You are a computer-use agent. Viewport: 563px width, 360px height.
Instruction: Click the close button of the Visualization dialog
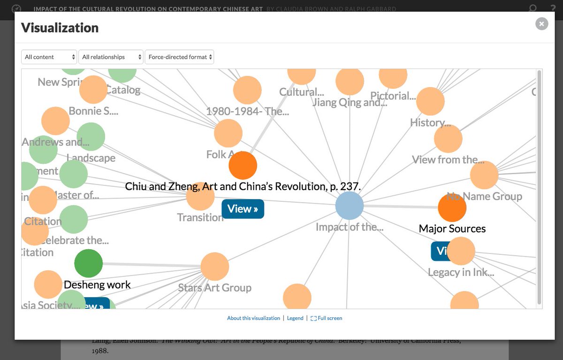(541, 23)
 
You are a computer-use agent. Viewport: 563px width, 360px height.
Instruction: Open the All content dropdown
(49, 57)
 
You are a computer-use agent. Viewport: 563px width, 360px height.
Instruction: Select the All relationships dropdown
(111, 57)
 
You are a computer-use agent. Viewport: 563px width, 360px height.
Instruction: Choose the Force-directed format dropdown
(179, 57)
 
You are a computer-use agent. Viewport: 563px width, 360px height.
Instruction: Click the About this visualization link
(253, 318)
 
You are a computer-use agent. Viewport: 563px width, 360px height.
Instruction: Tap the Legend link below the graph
(295, 318)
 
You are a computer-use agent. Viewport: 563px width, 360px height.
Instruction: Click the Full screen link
(327, 318)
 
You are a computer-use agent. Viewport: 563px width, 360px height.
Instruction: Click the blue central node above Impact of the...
(350, 206)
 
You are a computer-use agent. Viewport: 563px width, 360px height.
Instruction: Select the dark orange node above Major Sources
(452, 207)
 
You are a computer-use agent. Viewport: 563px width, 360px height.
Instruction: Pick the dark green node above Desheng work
(88, 263)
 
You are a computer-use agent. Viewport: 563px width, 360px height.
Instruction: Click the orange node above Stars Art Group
(214, 267)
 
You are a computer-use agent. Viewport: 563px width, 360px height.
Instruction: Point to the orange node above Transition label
(200, 196)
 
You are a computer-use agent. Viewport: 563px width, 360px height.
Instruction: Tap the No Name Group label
(484, 196)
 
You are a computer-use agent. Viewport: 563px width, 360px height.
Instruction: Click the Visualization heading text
(60, 28)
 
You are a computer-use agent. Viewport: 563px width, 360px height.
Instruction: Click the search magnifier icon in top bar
(533, 8)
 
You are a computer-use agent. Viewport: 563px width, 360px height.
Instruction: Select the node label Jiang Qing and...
(350, 102)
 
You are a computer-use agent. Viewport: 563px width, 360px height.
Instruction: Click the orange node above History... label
(430, 101)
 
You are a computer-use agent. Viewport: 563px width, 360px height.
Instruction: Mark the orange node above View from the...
(448, 139)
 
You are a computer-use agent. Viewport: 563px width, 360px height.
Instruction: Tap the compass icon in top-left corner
(16, 8)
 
